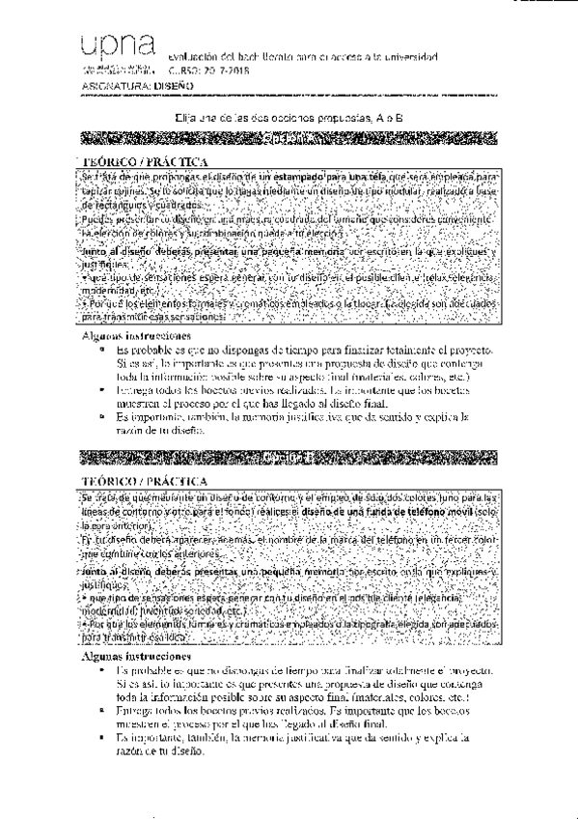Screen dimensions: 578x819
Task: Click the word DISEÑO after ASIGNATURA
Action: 174,86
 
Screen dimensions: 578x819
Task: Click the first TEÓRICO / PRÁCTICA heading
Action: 142,161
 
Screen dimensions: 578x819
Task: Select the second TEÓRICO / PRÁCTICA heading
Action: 142,478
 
